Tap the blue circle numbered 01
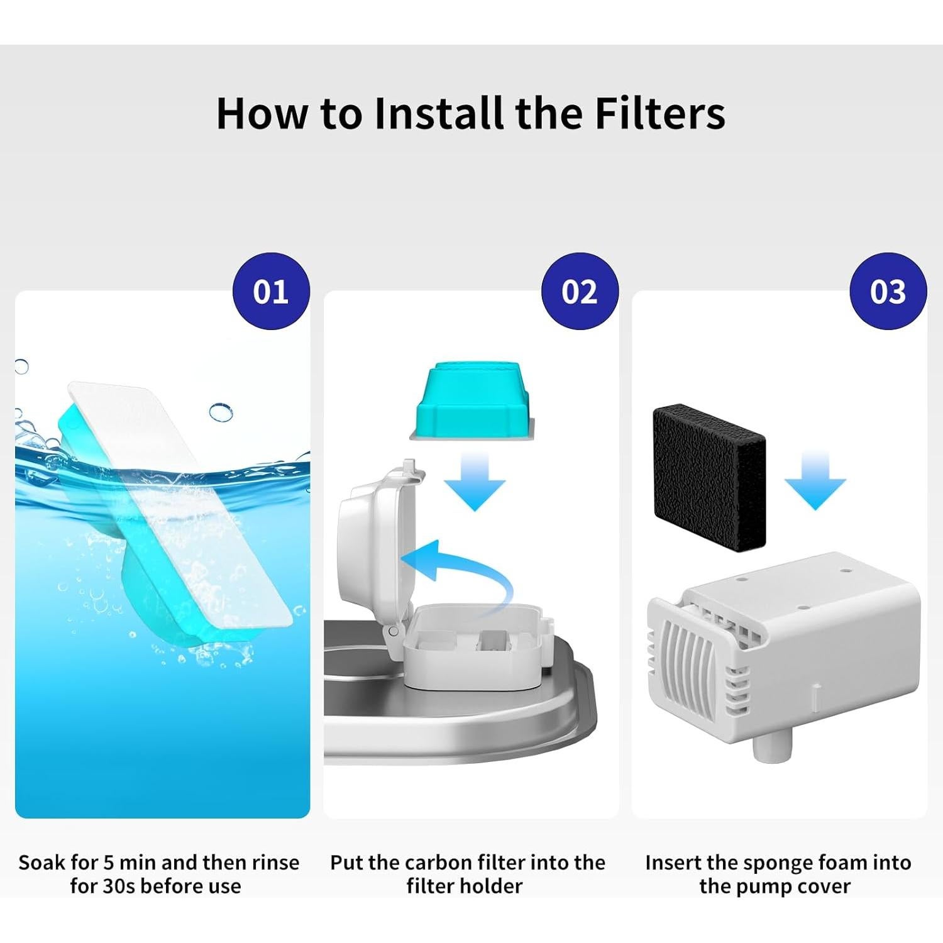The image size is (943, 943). click(x=271, y=291)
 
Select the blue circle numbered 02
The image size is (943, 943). click(x=580, y=291)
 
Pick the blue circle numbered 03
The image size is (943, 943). click(x=888, y=291)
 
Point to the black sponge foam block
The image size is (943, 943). click(x=709, y=478)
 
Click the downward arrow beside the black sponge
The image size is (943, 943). click(x=815, y=482)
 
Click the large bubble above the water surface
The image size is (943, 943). click(x=221, y=412)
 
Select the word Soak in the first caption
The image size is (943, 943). click(x=41, y=863)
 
